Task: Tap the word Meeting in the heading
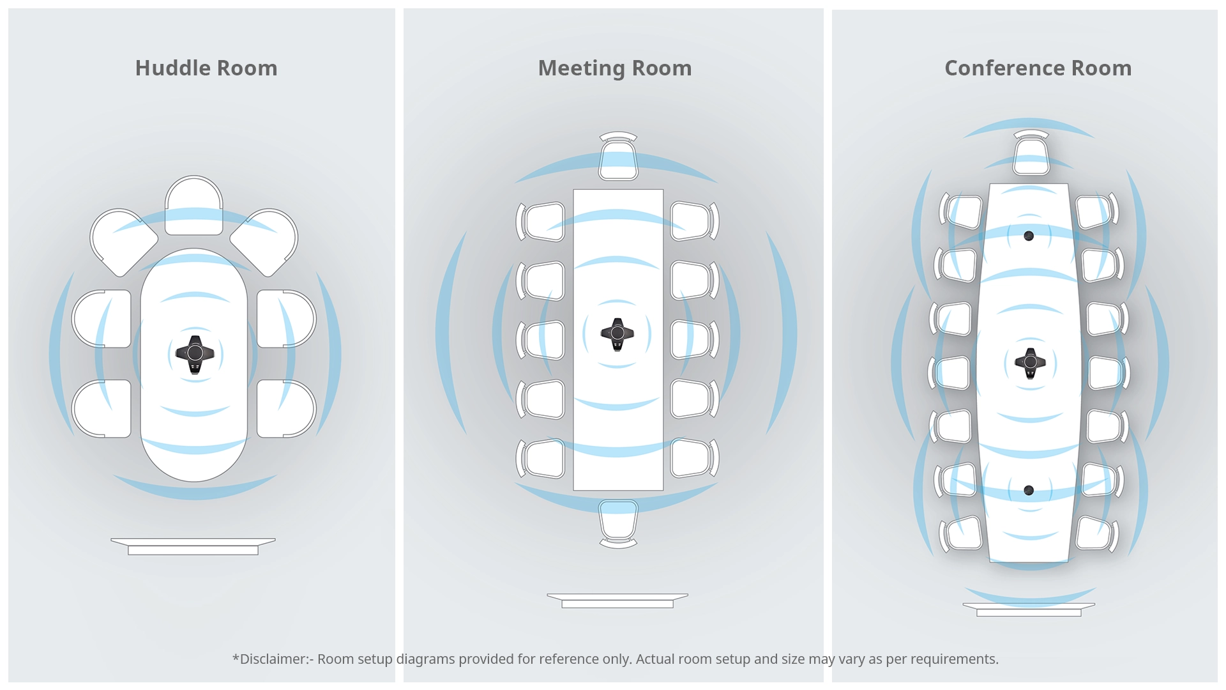(581, 68)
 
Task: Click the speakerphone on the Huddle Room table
(195, 353)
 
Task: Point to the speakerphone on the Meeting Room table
(617, 333)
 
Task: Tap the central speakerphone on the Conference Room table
(1030, 363)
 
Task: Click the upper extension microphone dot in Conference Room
(1029, 236)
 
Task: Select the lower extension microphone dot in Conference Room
(1029, 491)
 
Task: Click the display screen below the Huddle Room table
(193, 546)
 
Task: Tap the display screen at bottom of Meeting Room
(617, 601)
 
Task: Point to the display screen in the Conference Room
(1029, 609)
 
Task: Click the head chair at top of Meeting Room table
(618, 157)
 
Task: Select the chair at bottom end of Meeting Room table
(618, 523)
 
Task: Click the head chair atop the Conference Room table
(1031, 153)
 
